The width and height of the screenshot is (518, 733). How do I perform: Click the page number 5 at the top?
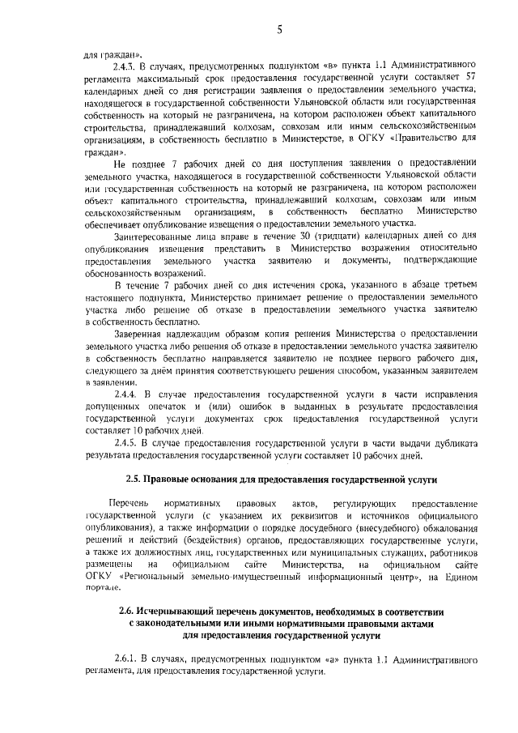pyautogui.click(x=278, y=30)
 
